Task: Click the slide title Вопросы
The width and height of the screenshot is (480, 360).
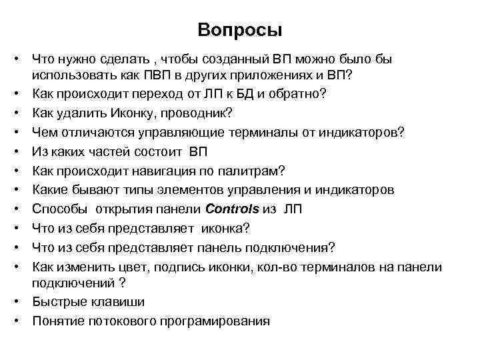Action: [240, 31]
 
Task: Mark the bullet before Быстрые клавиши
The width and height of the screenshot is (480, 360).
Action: [21, 301]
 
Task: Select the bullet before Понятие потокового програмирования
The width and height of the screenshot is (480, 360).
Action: [21, 321]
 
